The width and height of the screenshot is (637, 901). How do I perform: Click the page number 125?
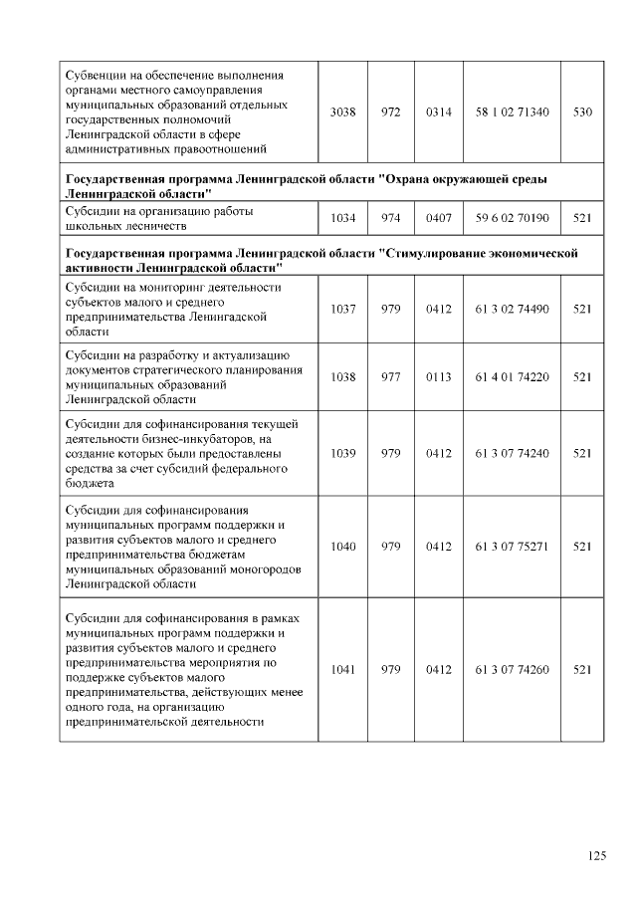pos(597,856)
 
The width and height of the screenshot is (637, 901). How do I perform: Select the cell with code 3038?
pos(342,113)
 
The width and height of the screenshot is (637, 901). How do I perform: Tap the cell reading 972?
pos(390,113)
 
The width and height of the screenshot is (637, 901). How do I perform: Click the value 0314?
pos(438,113)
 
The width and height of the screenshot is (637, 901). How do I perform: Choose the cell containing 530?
pos(583,113)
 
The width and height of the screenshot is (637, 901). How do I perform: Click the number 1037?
pos(342,309)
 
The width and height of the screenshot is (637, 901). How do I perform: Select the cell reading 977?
pos(390,376)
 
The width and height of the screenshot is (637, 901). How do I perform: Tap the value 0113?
pos(438,376)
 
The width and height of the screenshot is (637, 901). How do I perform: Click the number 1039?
pos(342,453)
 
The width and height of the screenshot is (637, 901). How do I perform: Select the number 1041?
pos(342,669)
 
